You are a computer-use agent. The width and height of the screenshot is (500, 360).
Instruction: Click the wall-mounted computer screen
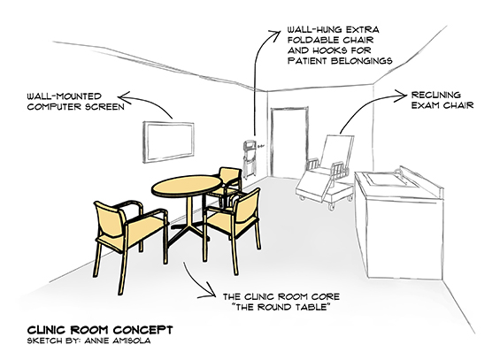tap(168, 142)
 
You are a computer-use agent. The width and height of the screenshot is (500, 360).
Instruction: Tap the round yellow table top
tap(187, 186)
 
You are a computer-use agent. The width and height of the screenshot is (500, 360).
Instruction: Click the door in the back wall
tap(289, 142)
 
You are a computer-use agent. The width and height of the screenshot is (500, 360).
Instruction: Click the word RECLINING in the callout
tap(436, 95)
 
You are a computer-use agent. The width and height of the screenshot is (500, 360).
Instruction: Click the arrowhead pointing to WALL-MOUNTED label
tap(123, 96)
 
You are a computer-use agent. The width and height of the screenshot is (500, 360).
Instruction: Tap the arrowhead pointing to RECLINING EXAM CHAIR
tap(401, 96)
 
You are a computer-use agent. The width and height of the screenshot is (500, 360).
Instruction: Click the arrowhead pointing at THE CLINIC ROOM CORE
tap(211, 292)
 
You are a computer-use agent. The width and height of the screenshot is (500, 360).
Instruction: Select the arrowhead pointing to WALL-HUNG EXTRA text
tap(275, 33)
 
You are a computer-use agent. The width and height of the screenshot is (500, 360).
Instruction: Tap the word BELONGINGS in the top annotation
tap(362, 60)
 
